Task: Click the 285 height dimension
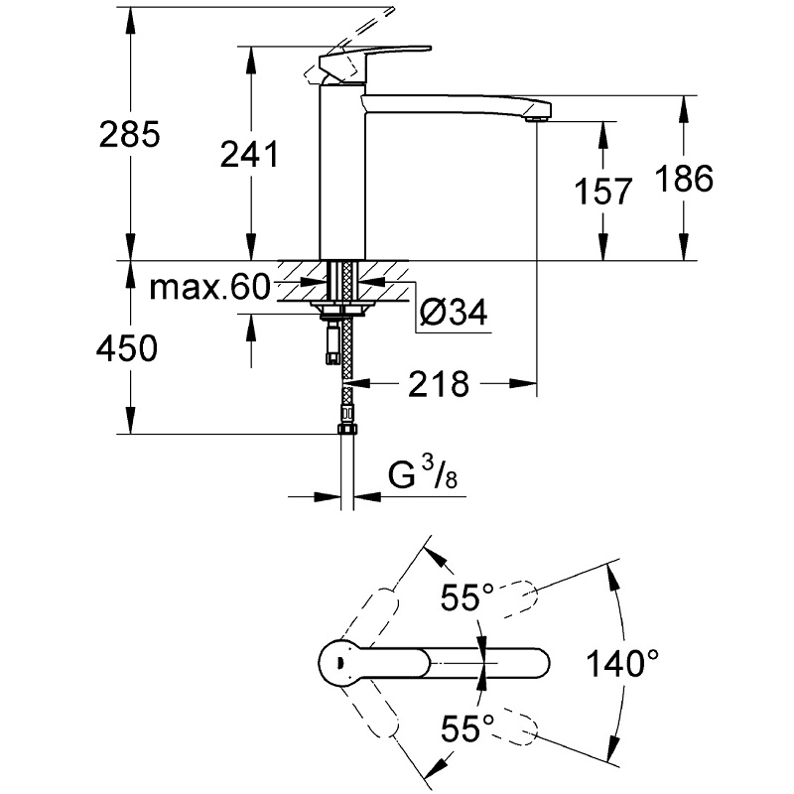[x=130, y=134]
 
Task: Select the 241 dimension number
[x=250, y=154]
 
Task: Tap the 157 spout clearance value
[x=603, y=191]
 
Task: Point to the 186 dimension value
[x=684, y=179]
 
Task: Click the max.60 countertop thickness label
[x=210, y=287]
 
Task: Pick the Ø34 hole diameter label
[x=454, y=312]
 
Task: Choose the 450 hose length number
[x=127, y=348]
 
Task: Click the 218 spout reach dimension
[x=439, y=384]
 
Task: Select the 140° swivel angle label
[x=622, y=663]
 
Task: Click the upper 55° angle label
[x=466, y=596]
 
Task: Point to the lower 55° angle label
[x=466, y=728]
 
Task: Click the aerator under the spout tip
[x=536, y=119]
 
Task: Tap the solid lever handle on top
[x=375, y=60]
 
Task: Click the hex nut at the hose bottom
[x=347, y=430]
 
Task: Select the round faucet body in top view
[x=341, y=663]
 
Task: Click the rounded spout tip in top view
[x=539, y=663]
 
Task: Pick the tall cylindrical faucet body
[x=342, y=172]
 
